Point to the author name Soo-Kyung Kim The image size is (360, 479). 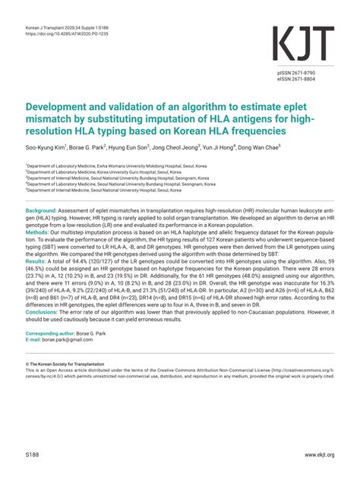(48, 148)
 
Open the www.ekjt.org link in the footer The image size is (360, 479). (320, 454)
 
